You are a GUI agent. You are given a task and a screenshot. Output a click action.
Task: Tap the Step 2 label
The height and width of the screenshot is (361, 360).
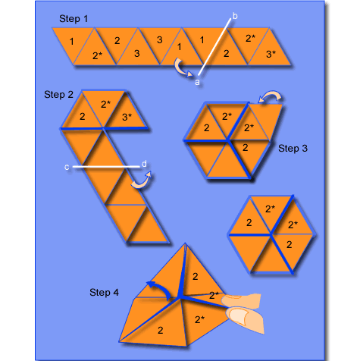click(58, 95)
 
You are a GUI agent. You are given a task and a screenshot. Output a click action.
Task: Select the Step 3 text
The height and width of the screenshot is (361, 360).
click(293, 149)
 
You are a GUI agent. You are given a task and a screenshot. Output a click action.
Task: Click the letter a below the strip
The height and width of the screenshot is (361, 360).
click(197, 81)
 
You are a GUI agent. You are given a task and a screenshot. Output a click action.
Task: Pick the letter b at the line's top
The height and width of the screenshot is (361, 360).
click(235, 15)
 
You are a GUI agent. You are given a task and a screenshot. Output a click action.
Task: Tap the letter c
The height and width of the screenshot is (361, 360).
click(67, 167)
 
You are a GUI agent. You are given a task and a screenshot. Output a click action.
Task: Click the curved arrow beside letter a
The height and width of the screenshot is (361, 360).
click(181, 70)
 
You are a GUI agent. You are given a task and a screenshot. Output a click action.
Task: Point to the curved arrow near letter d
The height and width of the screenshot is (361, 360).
click(140, 182)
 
